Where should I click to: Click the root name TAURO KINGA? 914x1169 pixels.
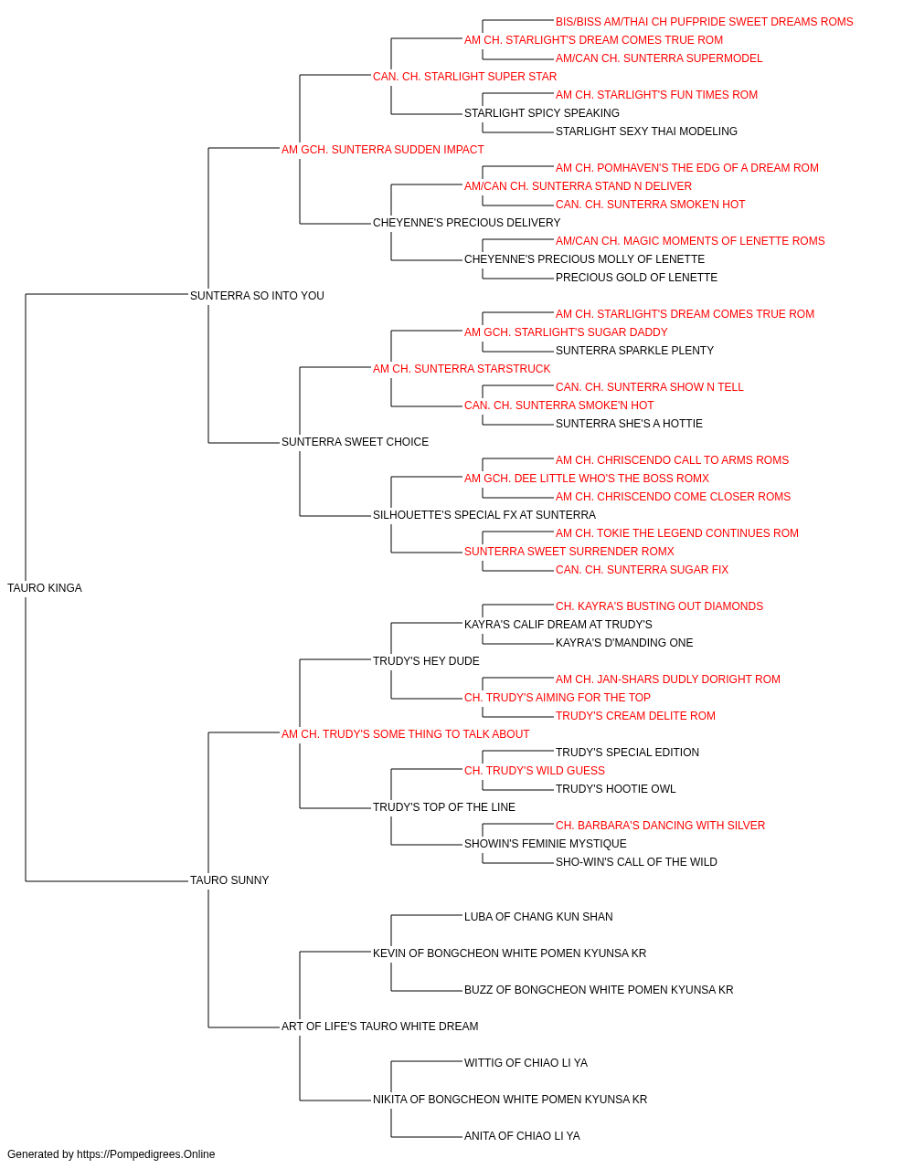pos(45,588)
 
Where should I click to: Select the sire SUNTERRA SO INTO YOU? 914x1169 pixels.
pos(257,296)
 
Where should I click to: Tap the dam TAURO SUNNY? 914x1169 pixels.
pos(229,880)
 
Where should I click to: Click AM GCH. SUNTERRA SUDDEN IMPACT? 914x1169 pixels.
pos(383,150)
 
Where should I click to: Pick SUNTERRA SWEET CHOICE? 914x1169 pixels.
pos(355,442)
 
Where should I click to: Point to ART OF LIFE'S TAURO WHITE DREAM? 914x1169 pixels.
pos(379,1027)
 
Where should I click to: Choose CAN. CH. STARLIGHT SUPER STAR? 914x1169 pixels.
pos(464,77)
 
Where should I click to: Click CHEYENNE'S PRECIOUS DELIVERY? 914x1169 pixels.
pos(467,223)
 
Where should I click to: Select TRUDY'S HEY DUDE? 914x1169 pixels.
pos(426,661)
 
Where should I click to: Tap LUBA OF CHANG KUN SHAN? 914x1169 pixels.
pos(538,917)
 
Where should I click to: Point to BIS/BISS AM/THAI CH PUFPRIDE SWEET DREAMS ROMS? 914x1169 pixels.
pos(704,22)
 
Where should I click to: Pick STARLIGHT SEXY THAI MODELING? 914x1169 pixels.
pos(646,132)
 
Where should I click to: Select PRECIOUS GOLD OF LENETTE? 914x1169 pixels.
pos(636,278)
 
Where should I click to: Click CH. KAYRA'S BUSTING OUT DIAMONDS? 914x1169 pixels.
pos(659,606)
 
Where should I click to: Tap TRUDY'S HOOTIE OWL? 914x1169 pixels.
pos(615,789)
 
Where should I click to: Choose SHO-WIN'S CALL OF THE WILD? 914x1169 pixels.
pos(636,862)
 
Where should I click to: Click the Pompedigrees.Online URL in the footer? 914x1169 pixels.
pos(146,1154)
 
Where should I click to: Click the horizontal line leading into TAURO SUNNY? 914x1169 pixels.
pos(106,881)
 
